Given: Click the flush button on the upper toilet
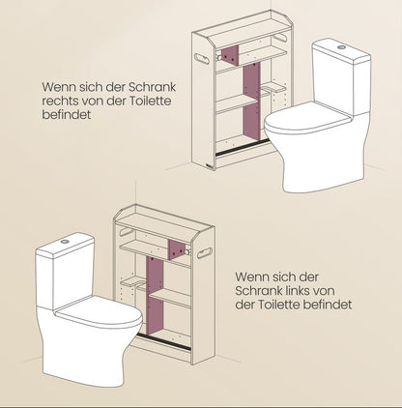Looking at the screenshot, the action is [341, 47].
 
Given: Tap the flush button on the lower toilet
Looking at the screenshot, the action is [65, 241].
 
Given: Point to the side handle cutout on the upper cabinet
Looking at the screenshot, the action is [202, 58].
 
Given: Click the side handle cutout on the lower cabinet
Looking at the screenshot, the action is [205, 253].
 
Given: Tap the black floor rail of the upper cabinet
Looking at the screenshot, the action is [242, 147].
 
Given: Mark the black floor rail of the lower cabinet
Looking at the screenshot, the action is [163, 341].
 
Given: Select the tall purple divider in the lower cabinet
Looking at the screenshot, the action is [155, 296].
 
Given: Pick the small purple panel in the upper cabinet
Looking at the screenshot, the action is [230, 56].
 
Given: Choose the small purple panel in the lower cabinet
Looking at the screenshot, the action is [177, 249].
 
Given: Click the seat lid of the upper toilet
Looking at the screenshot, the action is [306, 119].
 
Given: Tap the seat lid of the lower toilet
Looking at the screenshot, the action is [100, 313].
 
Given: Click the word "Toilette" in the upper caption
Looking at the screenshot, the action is [150, 101].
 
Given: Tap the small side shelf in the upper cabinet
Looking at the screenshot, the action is [273, 87].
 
